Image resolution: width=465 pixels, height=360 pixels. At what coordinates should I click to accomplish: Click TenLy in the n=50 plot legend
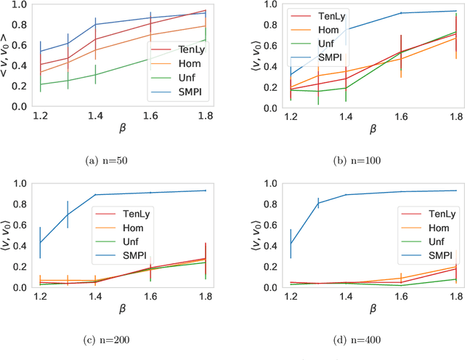tap(190, 49)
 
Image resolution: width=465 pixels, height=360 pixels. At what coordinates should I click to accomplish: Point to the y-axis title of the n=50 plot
tap(7, 55)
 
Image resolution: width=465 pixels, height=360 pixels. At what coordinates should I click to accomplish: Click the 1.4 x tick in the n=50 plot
tap(95, 116)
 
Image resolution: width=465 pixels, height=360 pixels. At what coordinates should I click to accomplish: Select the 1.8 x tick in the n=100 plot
tap(456, 116)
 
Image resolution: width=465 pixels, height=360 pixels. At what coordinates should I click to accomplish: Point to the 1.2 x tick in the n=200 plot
tap(40, 296)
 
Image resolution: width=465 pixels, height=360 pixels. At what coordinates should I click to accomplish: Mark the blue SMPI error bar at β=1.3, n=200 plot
tap(68, 215)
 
